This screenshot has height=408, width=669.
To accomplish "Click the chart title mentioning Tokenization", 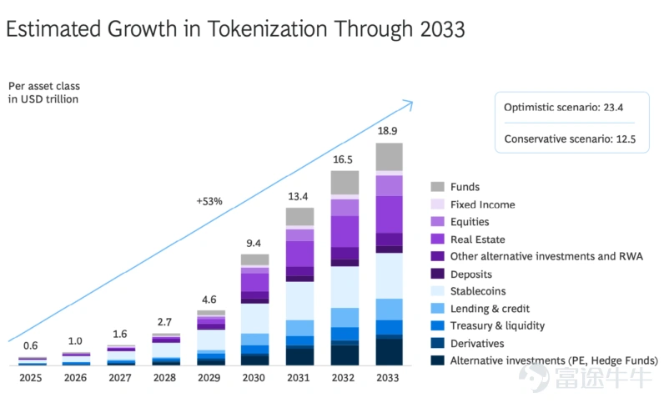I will [235, 29].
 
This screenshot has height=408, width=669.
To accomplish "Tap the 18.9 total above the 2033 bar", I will [389, 131].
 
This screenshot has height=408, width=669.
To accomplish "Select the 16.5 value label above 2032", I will [344, 159].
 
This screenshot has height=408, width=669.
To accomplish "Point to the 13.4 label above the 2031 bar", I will [299, 196].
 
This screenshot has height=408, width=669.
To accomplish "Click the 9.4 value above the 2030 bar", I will [254, 243].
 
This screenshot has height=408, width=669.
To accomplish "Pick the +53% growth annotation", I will [209, 201].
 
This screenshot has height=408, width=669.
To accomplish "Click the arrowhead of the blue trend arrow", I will [407, 103].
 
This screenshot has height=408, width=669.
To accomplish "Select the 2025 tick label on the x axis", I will [30, 378].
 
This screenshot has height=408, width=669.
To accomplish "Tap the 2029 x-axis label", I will [209, 378].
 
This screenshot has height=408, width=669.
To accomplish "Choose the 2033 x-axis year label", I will [389, 378].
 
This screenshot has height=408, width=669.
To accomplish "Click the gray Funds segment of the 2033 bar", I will [389, 156].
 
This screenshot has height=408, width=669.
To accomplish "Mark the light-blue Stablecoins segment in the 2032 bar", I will [344, 286].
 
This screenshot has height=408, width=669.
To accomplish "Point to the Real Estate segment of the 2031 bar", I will [299, 254].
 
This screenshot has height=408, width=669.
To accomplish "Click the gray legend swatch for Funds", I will [437, 187].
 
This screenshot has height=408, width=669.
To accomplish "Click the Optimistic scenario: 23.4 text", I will [563, 108].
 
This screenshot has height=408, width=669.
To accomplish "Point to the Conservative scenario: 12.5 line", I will [570, 139].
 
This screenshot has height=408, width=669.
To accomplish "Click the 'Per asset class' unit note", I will [43, 86].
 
